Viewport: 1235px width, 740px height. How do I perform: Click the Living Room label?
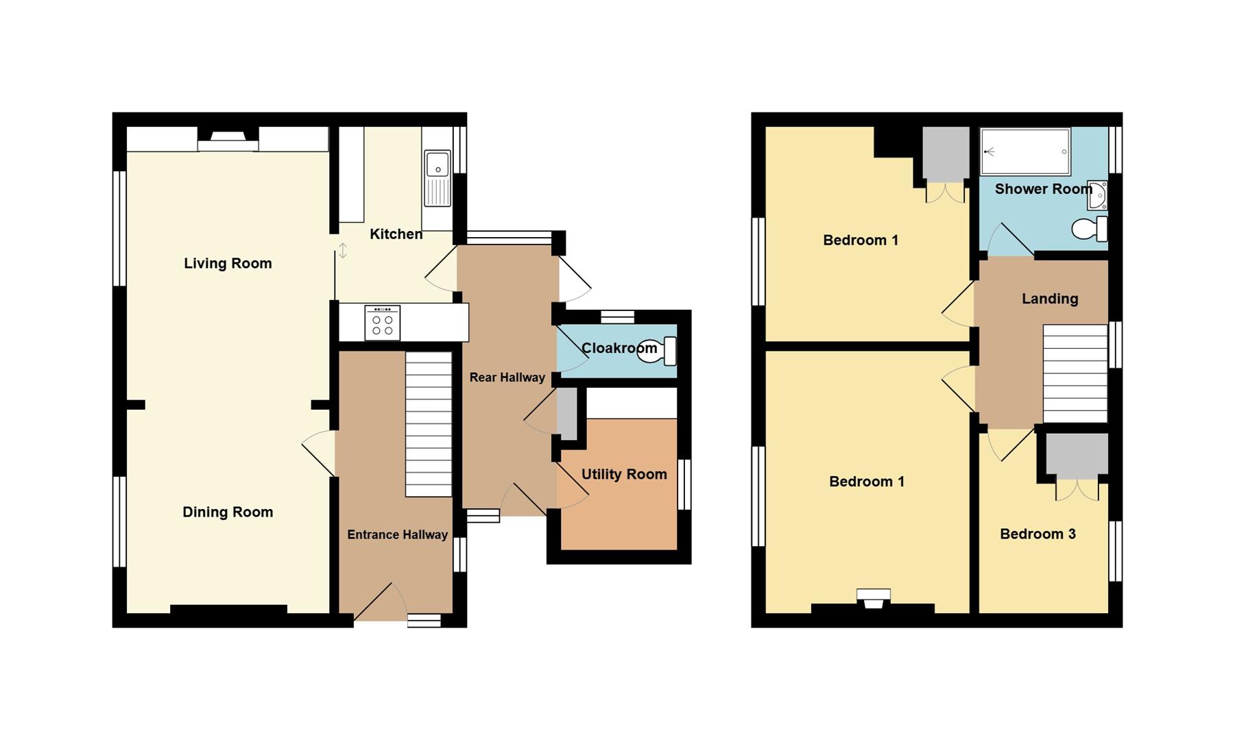pos(228,264)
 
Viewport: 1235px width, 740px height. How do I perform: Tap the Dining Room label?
pos(228,513)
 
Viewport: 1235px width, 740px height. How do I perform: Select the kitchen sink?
pos(437,178)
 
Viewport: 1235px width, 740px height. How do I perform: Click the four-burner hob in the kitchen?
pos(383,323)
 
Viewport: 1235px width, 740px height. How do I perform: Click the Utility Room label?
pos(624,474)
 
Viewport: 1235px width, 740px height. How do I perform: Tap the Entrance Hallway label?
pos(397,534)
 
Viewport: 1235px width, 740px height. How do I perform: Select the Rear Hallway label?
pos(507,378)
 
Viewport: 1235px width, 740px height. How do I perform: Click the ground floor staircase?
pos(429,424)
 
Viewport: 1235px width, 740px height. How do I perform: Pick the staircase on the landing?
pos(1075,373)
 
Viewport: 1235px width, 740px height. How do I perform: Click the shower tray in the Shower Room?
pos(1025,151)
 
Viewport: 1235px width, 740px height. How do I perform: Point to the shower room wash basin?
pos(1097,195)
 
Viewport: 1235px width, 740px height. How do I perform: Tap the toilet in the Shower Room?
pos(1089,229)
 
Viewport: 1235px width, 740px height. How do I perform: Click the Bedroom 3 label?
pos(1038,534)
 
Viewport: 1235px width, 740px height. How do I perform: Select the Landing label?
pos(1050,299)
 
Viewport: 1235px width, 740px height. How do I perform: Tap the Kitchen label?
pos(396,234)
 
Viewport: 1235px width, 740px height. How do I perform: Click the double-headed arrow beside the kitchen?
pos(343,251)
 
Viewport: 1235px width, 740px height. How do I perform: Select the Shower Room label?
pos(1043,189)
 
